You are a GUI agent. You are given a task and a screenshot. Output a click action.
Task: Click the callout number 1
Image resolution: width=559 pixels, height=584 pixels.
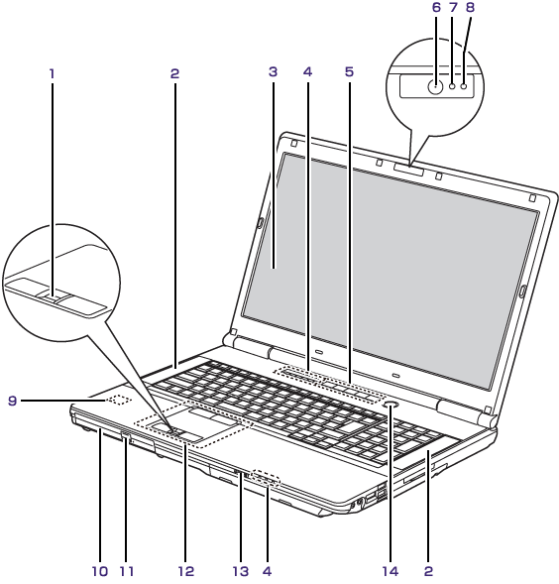coord(53,73)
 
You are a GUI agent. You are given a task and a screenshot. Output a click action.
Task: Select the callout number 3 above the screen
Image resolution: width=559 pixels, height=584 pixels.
coord(273,71)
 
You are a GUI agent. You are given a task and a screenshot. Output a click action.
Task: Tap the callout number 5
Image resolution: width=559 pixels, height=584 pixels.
coord(349,71)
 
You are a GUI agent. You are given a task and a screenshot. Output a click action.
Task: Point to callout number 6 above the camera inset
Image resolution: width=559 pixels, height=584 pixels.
coord(436,8)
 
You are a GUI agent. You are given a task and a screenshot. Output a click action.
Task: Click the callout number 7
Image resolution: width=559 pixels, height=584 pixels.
coord(453,8)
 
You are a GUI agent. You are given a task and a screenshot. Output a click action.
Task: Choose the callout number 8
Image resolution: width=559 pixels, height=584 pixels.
coord(471,8)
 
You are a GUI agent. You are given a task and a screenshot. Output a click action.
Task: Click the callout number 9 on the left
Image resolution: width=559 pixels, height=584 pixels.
coord(13,401)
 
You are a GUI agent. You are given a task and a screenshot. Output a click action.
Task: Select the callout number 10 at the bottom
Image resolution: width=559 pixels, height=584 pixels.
coord(100,571)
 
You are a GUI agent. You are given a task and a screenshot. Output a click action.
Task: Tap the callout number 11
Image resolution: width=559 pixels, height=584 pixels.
coord(127,571)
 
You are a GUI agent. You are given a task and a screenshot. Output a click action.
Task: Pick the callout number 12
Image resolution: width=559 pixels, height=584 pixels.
coord(186,571)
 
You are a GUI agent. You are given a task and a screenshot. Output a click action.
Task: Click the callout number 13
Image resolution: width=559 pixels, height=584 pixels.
coord(241,571)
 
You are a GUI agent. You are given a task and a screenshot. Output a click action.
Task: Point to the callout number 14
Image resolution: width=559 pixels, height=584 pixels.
coord(391,571)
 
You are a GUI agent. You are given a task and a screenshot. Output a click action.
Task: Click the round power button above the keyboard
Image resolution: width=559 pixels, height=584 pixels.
coord(391,405)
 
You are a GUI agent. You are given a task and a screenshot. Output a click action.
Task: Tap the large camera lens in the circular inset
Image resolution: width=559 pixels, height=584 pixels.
coord(435,87)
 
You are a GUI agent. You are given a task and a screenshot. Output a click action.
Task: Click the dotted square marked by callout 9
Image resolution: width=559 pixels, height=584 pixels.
coord(118,401)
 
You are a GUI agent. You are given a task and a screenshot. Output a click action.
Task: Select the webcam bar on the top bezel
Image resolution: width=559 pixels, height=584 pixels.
coord(408,170)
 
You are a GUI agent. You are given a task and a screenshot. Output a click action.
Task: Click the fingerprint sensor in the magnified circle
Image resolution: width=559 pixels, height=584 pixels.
coord(53,296)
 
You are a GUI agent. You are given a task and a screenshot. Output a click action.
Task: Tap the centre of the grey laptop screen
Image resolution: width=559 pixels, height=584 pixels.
coord(390,271)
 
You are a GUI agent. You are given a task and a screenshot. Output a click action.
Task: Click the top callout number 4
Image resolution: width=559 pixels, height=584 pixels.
coord(307,71)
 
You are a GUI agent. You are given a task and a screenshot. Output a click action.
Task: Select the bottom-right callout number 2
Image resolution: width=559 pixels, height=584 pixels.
coord(428,571)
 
